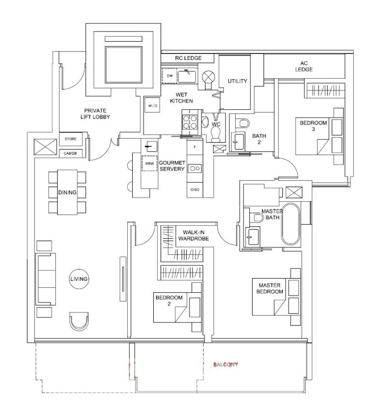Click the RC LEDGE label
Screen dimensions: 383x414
point(189,58)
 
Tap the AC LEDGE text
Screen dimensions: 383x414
point(304,66)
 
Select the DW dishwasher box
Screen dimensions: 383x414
point(169,76)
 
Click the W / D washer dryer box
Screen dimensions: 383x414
point(152,106)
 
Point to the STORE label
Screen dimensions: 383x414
point(71,139)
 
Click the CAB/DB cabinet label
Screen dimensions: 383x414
point(70,153)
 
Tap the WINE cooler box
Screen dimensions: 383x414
point(149,163)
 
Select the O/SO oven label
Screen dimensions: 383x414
point(194,190)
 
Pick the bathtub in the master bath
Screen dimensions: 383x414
point(291,224)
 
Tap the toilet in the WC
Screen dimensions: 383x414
point(216,133)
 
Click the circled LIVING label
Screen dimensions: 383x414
point(79,279)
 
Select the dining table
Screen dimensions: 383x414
point(67,192)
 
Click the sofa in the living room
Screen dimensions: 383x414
point(46,279)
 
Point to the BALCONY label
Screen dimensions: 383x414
point(226,365)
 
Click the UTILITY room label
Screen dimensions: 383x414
point(237,81)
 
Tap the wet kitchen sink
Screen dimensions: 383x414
point(187,76)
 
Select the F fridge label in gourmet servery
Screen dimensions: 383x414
point(195,147)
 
